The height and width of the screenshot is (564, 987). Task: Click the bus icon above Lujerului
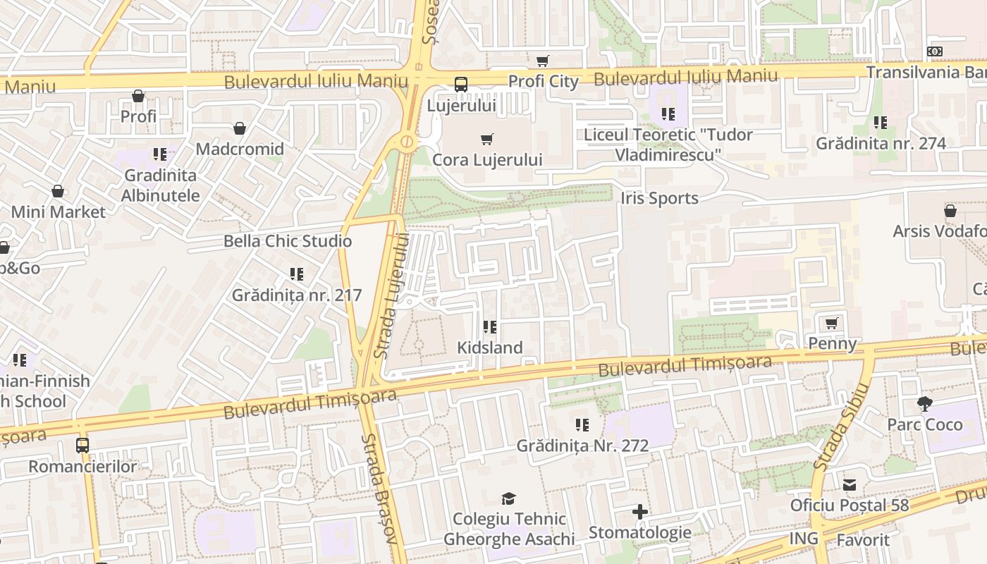[x=461, y=85]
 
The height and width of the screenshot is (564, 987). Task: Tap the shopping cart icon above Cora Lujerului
[x=486, y=139]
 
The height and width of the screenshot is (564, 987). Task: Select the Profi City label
[x=543, y=81]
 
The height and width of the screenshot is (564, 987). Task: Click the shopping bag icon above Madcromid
[x=240, y=128]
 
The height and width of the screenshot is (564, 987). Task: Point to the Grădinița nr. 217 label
[x=297, y=295]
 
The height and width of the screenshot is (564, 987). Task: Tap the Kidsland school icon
[x=489, y=327]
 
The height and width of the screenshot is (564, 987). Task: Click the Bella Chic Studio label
[x=288, y=241]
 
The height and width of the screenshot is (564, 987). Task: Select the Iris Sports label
[x=660, y=198]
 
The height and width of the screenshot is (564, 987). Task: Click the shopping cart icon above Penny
[x=832, y=323]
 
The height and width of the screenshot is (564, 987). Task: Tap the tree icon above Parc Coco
[x=925, y=404]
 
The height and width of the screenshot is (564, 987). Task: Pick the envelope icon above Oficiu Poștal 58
[x=850, y=485]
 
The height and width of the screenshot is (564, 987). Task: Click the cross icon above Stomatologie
[x=640, y=512]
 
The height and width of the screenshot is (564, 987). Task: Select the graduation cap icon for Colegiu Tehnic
[x=509, y=498]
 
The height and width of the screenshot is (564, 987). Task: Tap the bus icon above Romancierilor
[x=82, y=446]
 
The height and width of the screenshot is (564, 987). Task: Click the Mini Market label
[x=58, y=212]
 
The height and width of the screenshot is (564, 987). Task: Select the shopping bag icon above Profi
[x=138, y=96]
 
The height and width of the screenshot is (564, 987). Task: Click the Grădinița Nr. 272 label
[x=582, y=446]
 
